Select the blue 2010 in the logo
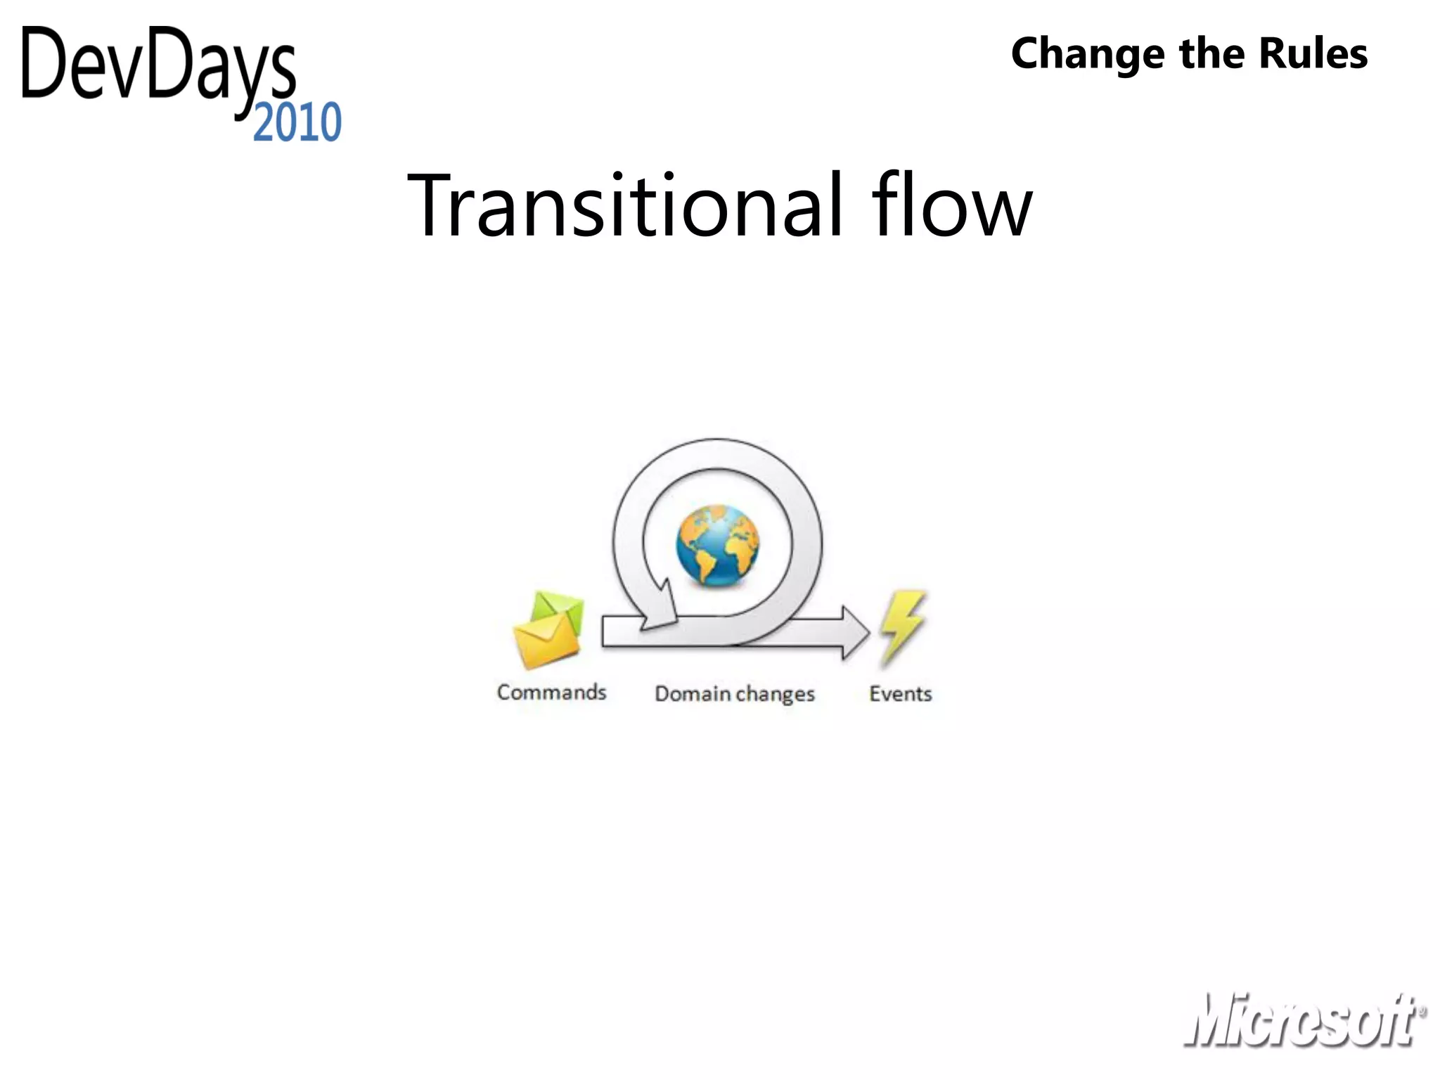[297, 123]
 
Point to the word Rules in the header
[1313, 53]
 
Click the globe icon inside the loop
[717, 545]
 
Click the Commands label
[551, 692]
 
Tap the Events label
[900, 693]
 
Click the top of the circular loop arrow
[717, 454]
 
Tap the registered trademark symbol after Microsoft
[1422, 1012]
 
